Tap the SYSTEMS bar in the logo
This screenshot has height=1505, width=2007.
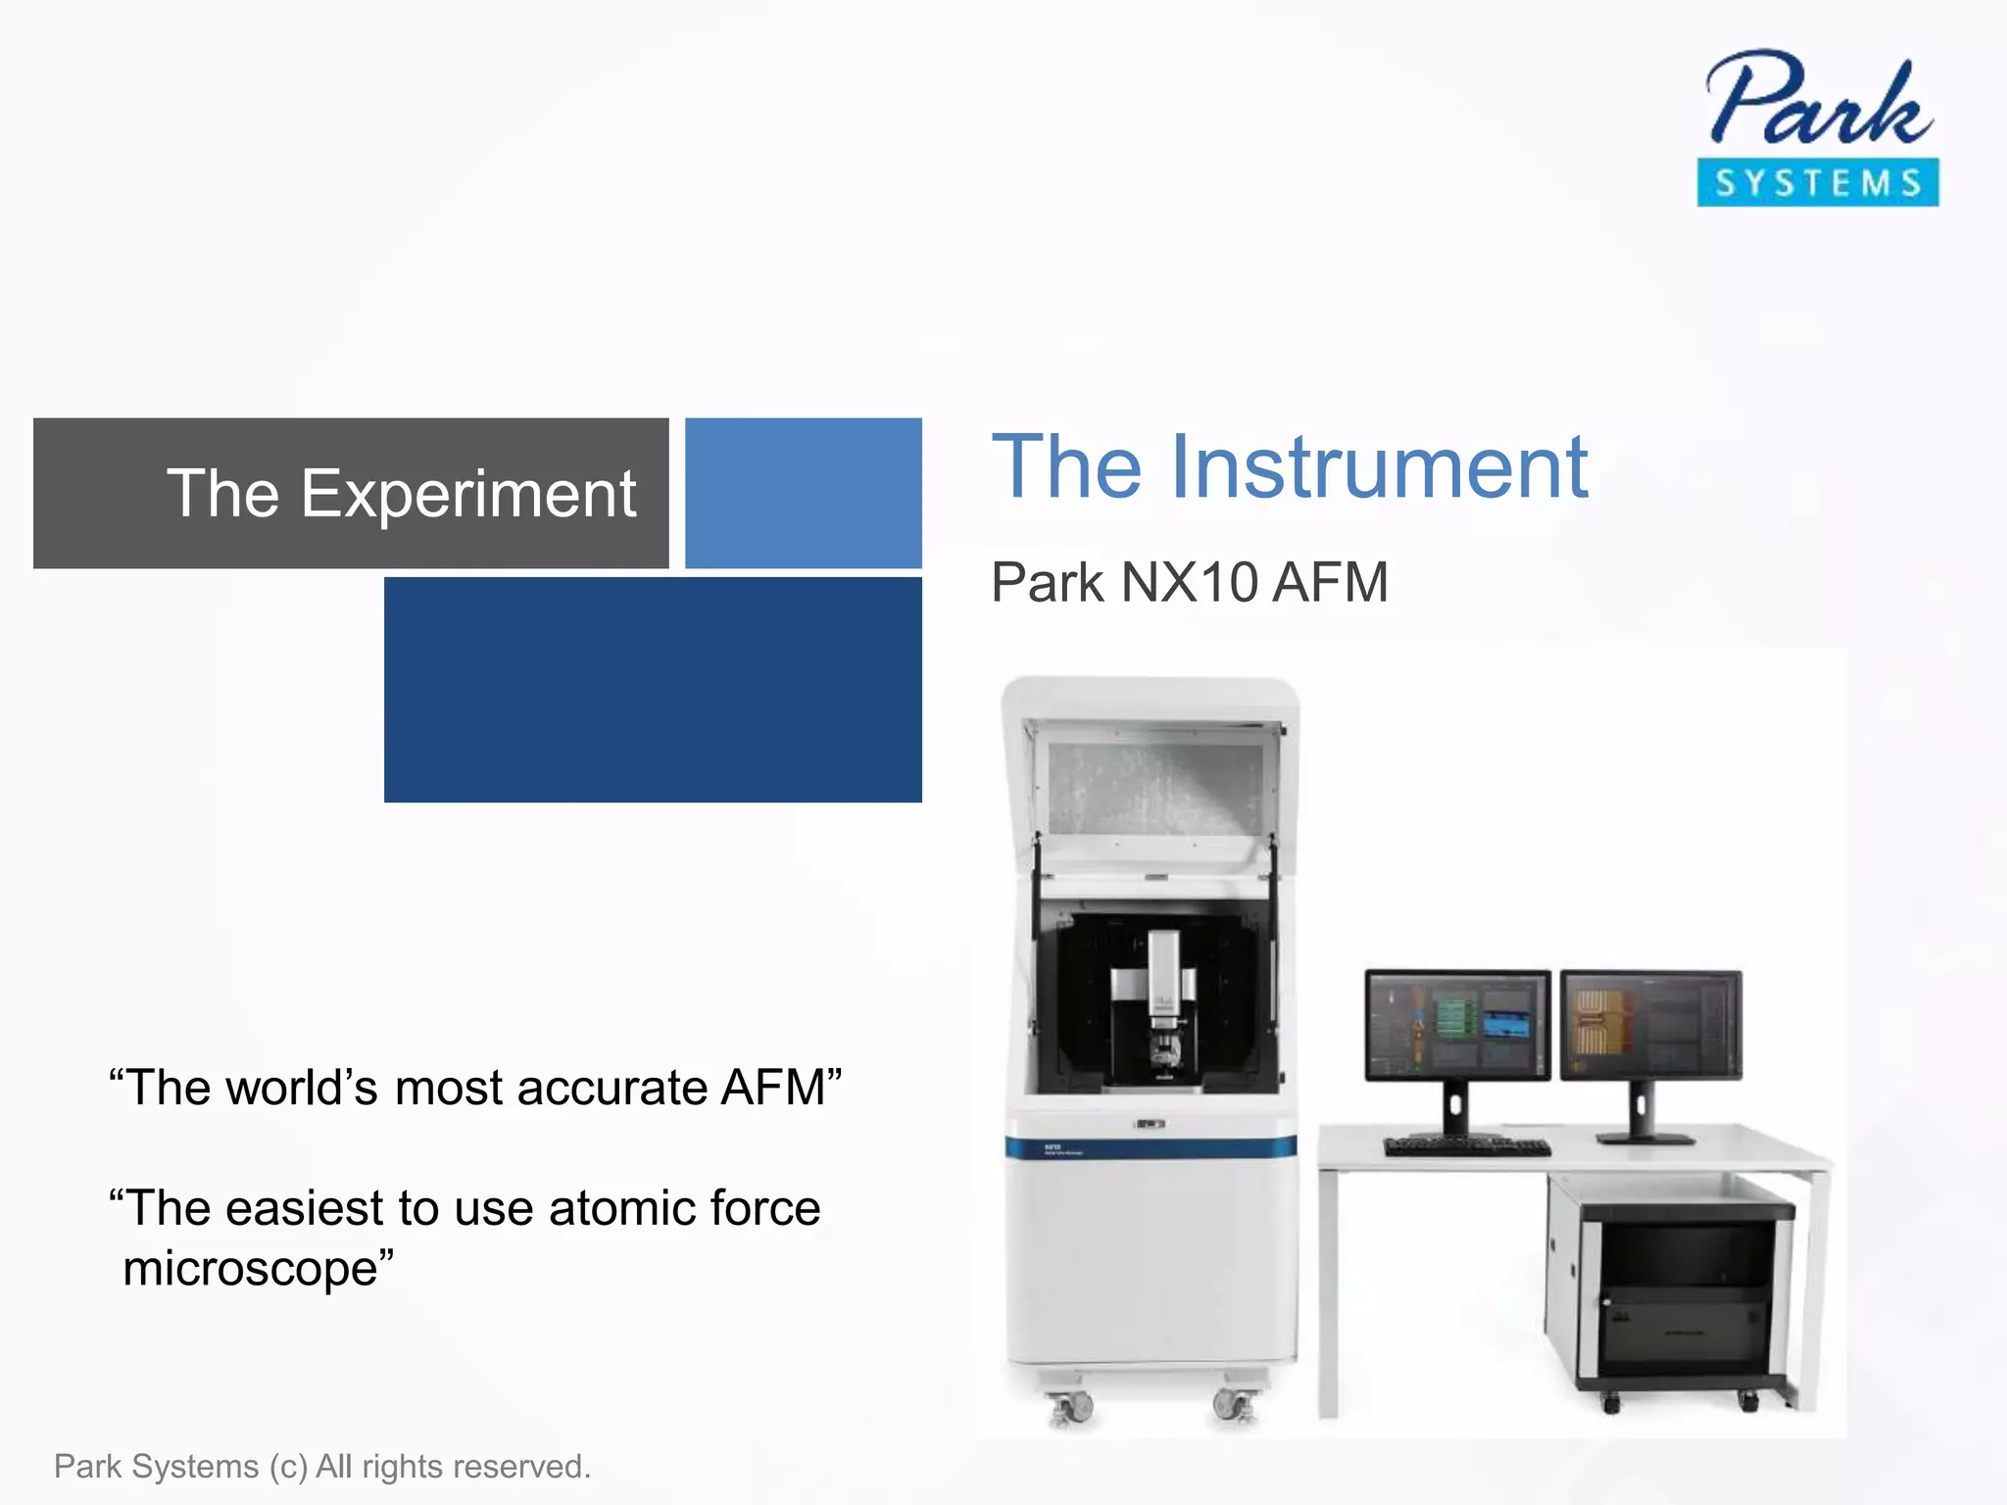tap(1818, 183)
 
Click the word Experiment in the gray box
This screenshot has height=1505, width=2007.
tap(468, 494)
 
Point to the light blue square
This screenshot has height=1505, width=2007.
tap(803, 493)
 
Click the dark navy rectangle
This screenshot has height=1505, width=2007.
tap(653, 690)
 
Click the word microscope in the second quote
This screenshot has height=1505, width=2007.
tap(251, 1269)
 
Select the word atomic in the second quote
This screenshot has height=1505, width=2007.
tap(621, 1208)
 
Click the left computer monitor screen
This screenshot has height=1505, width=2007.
tap(1457, 1024)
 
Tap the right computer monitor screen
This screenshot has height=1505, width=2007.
tap(1650, 1024)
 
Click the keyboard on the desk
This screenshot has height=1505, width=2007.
tap(1467, 1146)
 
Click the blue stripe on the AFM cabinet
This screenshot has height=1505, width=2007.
tap(1150, 1147)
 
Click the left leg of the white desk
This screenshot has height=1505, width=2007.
tap(1329, 1293)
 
